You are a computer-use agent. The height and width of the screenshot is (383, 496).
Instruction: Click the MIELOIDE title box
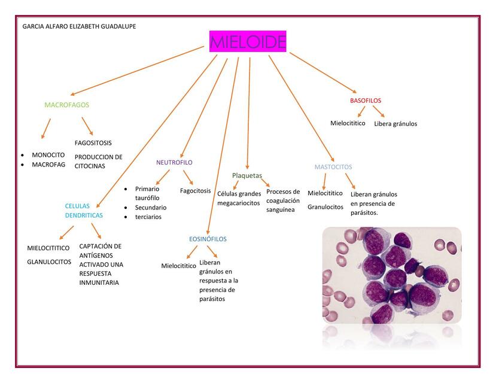[x=248, y=42]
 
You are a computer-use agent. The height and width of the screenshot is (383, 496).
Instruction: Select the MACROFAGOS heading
[x=66, y=105]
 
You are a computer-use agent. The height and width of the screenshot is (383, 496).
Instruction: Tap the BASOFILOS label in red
[x=366, y=101]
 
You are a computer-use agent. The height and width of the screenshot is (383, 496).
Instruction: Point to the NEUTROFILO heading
[x=174, y=162]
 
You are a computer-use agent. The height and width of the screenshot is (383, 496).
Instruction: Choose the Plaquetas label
[x=247, y=175]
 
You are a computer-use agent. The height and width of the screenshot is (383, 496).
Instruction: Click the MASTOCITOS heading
[x=333, y=167]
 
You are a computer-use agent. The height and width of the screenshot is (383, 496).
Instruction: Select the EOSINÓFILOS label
[x=208, y=239]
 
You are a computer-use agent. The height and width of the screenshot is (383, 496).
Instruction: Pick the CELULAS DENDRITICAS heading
[x=83, y=211]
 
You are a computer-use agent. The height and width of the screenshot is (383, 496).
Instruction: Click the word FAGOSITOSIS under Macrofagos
[x=93, y=143]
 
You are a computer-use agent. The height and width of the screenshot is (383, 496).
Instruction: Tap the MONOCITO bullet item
[x=48, y=154]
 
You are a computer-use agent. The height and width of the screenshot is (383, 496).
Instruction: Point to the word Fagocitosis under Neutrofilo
[x=195, y=191]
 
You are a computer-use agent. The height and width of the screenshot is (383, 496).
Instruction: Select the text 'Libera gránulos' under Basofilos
[x=395, y=124]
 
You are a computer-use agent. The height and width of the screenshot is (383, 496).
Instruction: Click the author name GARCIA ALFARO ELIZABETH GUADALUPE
[x=78, y=26]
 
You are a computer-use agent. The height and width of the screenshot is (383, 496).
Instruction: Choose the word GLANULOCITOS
[x=49, y=262]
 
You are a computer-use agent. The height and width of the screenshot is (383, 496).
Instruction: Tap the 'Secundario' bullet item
[x=151, y=208]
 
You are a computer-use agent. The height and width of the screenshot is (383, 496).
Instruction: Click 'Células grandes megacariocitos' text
[x=239, y=198]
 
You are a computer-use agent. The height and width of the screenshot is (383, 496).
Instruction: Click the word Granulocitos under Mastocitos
[x=325, y=207]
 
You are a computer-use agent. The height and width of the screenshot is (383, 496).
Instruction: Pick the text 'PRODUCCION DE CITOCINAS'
[x=98, y=162]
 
